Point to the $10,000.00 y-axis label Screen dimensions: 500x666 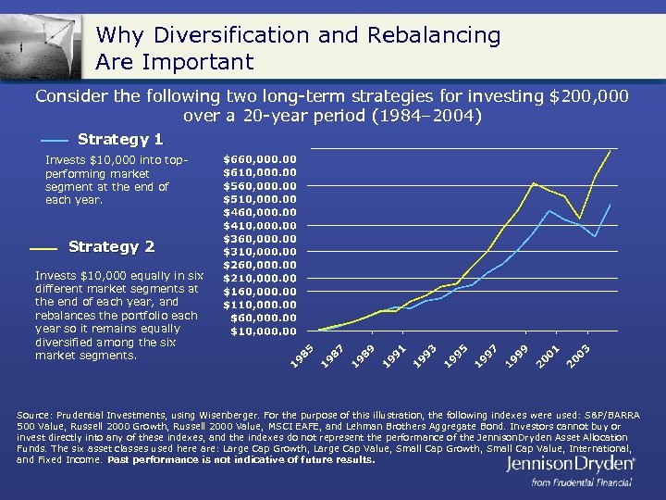(x=264, y=331)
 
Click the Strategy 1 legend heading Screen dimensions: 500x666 (x=120, y=139)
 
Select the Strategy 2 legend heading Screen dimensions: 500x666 (x=111, y=246)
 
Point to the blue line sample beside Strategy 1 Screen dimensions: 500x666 (x=55, y=140)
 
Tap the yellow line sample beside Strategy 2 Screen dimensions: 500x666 (x=43, y=248)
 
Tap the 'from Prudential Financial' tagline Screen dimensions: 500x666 (x=581, y=482)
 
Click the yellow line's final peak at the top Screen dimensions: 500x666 (x=610, y=150)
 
